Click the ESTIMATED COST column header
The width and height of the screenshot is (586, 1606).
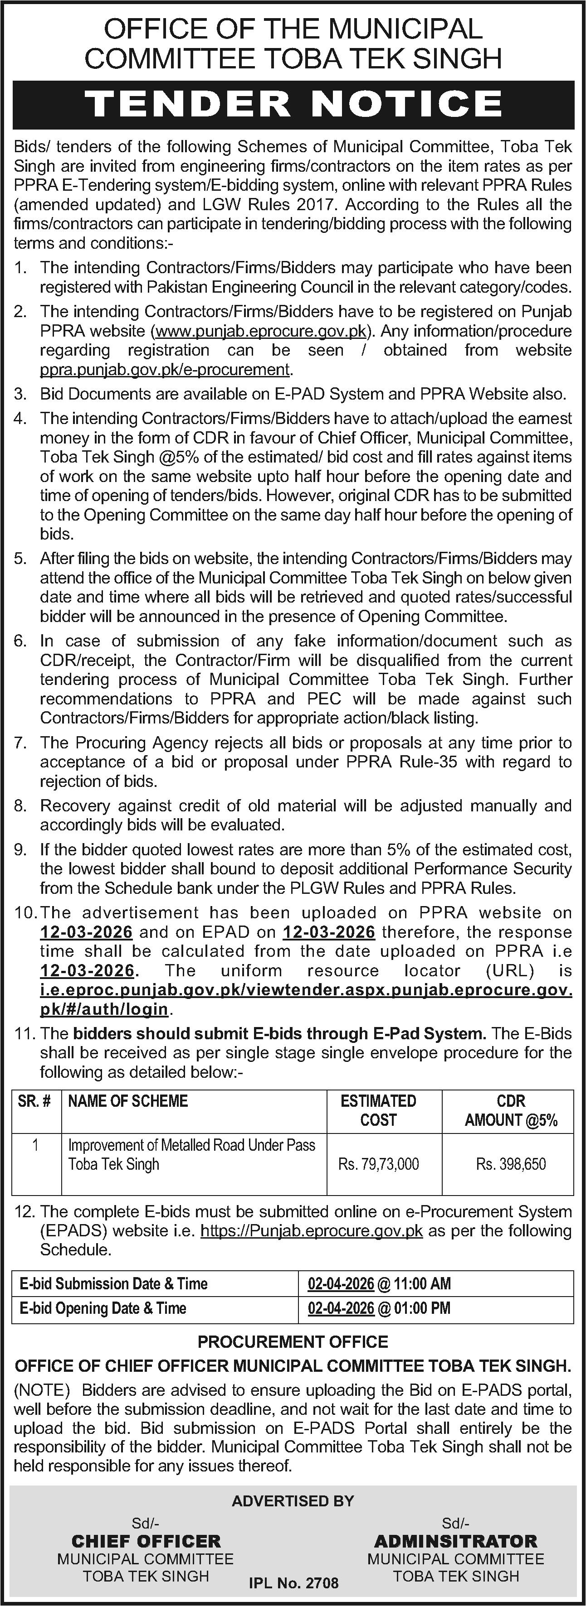coord(378,1110)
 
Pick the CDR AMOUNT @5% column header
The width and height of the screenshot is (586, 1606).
coord(511,1110)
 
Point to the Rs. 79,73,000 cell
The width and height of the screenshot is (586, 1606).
coord(378,1164)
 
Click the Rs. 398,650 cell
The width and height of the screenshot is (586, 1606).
coord(511,1164)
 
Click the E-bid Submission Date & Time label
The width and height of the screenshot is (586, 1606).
coord(113,1284)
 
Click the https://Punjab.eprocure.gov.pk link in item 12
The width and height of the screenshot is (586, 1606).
coord(312,1231)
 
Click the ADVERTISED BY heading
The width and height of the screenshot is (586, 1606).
coord(293,1500)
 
